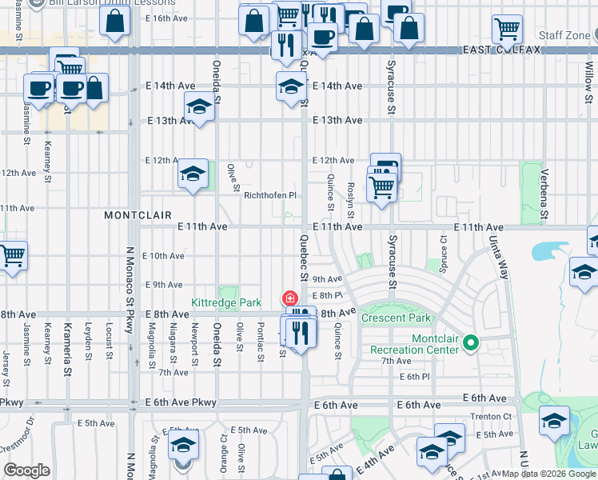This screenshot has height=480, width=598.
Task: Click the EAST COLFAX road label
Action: [501, 50]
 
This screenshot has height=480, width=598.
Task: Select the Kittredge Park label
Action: [226, 303]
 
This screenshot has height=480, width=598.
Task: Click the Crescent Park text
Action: [396, 318]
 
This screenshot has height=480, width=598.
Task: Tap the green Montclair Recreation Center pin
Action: [471, 344]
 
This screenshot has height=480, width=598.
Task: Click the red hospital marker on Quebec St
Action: [288, 298]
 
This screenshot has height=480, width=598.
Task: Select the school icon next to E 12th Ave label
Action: [193, 174]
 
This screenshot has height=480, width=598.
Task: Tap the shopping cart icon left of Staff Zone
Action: [507, 30]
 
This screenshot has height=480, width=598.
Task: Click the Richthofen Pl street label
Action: [270, 195]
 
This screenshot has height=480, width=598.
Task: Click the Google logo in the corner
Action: [26, 470]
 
